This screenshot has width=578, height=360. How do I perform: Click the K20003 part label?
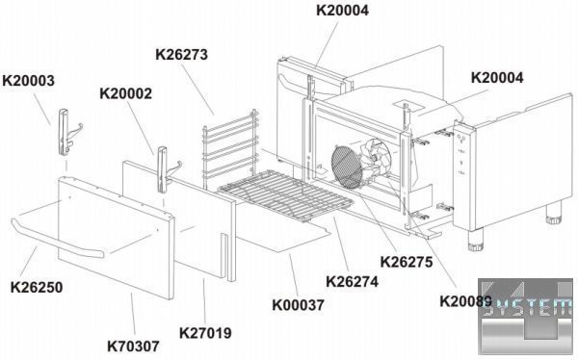coord(28,81)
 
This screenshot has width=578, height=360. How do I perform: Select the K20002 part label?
coord(125,93)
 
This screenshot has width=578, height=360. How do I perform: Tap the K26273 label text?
coord(182,55)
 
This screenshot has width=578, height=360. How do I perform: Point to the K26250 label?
coord(37,288)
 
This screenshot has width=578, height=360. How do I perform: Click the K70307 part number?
coord(134,347)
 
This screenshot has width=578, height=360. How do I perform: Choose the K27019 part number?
coord(205,333)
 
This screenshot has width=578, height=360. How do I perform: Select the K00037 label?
coord(299,305)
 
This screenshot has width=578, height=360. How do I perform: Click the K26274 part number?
coord(352,281)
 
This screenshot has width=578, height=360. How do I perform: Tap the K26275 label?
coord(407,262)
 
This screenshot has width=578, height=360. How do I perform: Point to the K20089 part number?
coord(466,301)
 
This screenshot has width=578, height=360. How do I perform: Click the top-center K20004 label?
coord(342,11)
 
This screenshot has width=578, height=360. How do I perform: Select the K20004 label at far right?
coord(497,78)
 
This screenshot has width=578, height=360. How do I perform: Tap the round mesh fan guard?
coord(347,167)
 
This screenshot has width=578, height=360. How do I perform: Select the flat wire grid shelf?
coord(286,195)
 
